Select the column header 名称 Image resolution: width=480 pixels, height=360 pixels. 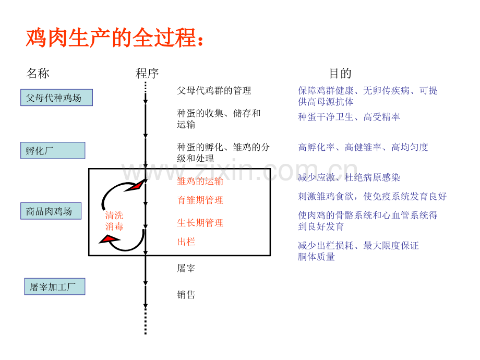[38, 74]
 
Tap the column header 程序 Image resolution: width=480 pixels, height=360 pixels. [147, 74]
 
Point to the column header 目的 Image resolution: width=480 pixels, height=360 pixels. [340, 74]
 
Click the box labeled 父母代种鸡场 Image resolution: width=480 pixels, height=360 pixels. [57, 98]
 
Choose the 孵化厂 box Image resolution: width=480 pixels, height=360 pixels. [53, 151]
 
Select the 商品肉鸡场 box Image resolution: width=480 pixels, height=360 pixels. [51, 211]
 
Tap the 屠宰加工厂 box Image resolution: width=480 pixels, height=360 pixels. [54, 287]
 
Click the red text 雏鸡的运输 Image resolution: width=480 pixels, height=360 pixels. [200, 181]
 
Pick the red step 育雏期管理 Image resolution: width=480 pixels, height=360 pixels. [200, 200]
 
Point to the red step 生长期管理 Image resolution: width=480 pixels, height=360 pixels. [200, 223]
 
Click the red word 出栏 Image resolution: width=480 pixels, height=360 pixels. [186, 242]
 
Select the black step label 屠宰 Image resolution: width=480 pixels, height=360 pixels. [186, 268]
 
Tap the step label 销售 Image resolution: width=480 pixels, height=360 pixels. [186, 295]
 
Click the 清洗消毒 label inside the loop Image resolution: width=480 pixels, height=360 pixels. [114, 221]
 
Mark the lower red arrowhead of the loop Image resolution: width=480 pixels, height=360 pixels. [110, 239]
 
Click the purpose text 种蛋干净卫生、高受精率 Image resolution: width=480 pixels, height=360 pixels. [349, 117]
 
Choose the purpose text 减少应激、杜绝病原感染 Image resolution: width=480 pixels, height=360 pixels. [349, 178]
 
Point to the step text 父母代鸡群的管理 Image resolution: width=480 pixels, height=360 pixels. [214, 91]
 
